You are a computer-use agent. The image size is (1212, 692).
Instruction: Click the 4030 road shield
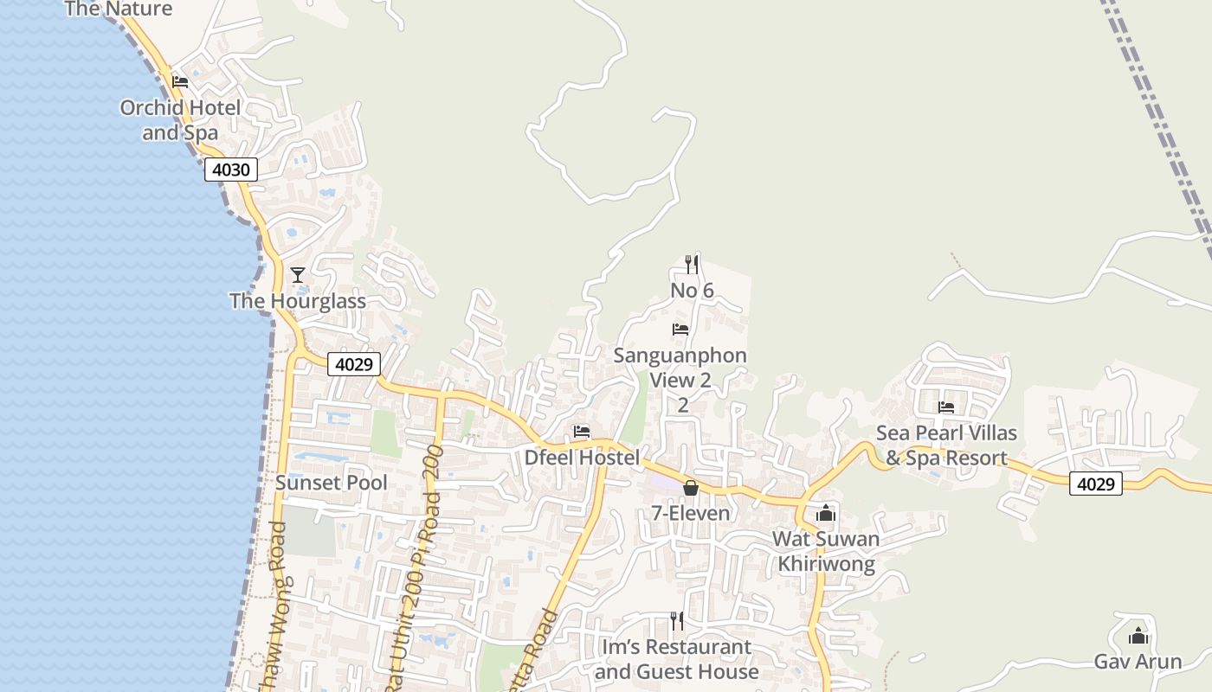(231, 170)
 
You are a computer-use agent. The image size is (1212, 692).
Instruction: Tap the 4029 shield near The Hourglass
(354, 364)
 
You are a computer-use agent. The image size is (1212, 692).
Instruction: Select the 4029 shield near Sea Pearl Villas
(1095, 484)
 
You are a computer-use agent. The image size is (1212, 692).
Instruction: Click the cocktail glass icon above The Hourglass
(298, 275)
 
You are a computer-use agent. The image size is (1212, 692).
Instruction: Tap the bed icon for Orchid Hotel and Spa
(180, 82)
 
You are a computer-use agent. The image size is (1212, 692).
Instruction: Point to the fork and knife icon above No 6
(691, 264)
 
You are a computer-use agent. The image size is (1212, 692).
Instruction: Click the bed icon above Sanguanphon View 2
(680, 330)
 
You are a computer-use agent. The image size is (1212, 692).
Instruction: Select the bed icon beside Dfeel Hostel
(582, 432)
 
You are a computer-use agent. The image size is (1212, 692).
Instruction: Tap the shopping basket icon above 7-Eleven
(690, 488)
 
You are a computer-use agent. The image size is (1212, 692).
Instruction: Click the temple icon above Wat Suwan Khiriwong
(826, 513)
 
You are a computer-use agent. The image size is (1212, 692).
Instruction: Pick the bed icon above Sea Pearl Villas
(946, 407)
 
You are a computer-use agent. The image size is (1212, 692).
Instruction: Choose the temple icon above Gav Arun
(1138, 637)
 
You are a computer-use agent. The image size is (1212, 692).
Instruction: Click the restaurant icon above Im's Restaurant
(676, 620)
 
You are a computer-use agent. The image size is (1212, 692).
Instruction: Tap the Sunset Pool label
(332, 483)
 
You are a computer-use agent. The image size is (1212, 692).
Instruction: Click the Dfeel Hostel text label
(582, 458)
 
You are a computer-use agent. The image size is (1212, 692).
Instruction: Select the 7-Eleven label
(691, 513)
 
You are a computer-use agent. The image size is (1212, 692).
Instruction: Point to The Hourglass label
(298, 301)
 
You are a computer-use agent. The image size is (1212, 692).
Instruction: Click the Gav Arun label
(1138, 662)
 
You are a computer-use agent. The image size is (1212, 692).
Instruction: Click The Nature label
(119, 10)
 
